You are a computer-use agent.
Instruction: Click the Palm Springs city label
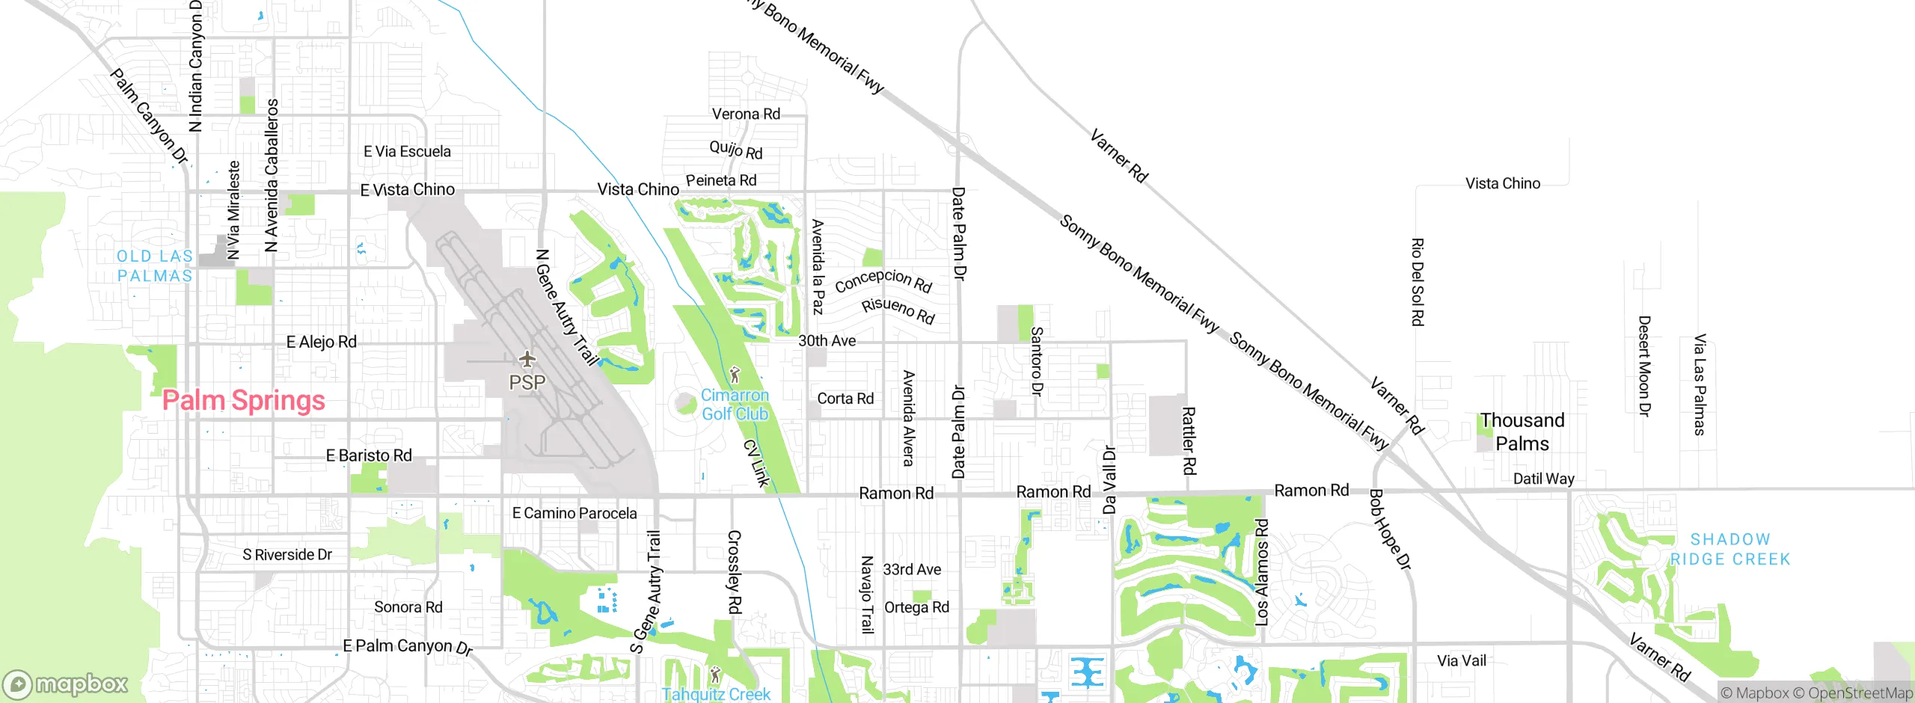pyautogui.click(x=244, y=401)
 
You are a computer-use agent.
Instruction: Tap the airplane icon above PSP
pyautogui.click(x=527, y=360)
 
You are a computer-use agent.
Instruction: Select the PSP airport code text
pyautogui.click(x=527, y=383)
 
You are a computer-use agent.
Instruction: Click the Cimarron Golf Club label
pyautogui.click(x=735, y=405)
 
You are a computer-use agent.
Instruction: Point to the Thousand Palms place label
pyautogui.click(x=1522, y=432)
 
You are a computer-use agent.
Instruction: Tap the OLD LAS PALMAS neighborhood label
pyautogui.click(x=155, y=266)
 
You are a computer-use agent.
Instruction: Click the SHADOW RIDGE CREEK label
pyautogui.click(x=1730, y=549)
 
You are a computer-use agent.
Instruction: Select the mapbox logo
pyautogui.click(x=66, y=684)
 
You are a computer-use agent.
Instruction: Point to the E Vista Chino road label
pyautogui.click(x=408, y=190)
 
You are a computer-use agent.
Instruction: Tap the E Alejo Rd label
pyautogui.click(x=322, y=342)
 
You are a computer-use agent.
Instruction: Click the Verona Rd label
pyautogui.click(x=746, y=114)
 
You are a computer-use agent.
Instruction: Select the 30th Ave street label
pyautogui.click(x=827, y=341)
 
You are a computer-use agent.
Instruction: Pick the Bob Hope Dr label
pyautogui.click(x=1389, y=529)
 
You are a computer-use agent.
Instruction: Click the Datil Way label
pyautogui.click(x=1543, y=479)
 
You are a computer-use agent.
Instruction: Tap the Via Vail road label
pyautogui.click(x=1461, y=660)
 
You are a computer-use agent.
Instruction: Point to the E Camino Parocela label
pyautogui.click(x=574, y=513)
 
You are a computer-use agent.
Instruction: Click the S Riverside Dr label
pyautogui.click(x=287, y=554)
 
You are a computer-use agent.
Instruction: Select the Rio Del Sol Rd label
pyautogui.click(x=1417, y=282)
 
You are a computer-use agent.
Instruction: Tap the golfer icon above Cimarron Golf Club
pyautogui.click(x=735, y=374)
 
